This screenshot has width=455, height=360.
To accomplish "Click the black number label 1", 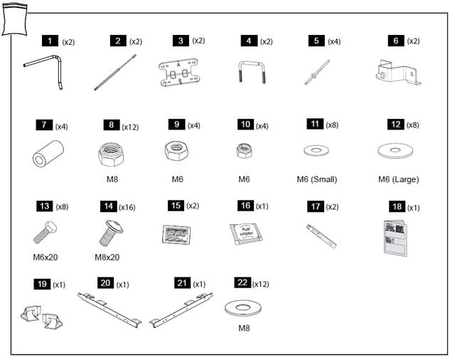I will [50, 41].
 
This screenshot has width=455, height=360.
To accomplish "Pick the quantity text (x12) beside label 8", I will [130, 127].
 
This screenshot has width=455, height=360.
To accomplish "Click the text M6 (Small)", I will [316, 179].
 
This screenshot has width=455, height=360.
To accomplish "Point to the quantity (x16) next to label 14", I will [127, 207].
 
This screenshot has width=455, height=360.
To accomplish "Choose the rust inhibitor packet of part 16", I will [244, 233].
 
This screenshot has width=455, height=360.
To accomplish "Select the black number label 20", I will [105, 284].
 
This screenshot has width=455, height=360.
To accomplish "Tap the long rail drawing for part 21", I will [181, 310].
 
